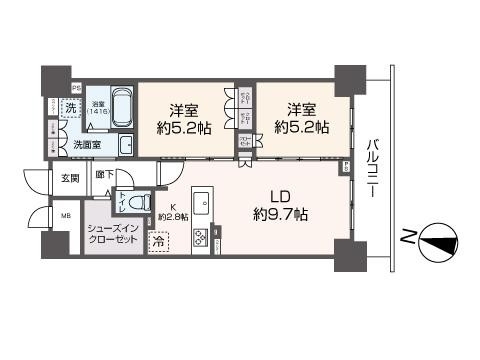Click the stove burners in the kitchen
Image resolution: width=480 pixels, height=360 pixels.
coord(199,239)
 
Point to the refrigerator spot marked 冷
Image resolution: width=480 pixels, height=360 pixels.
coord(159,241)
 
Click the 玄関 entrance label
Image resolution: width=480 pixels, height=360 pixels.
coord(68,179)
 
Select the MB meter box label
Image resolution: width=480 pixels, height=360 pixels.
coord(67,215)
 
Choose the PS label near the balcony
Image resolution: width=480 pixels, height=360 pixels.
coord(346,167)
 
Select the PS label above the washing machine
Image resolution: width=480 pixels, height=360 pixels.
coord(76,87)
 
